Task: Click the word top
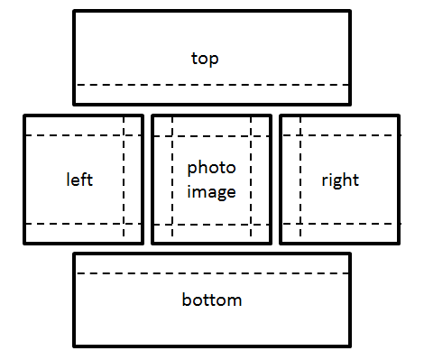coord(206,59)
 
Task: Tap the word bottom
coord(212,300)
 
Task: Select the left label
coord(80,179)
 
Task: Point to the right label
coord(340,180)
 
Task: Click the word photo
coord(211,168)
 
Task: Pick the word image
coord(211,191)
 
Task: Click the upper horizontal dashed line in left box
coord(72,135)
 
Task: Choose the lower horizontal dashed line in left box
coord(72,223)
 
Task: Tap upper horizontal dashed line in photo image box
coord(212,135)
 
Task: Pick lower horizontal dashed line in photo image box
coord(212,223)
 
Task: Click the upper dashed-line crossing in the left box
coord(124,135)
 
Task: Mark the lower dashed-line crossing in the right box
coord(300,223)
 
